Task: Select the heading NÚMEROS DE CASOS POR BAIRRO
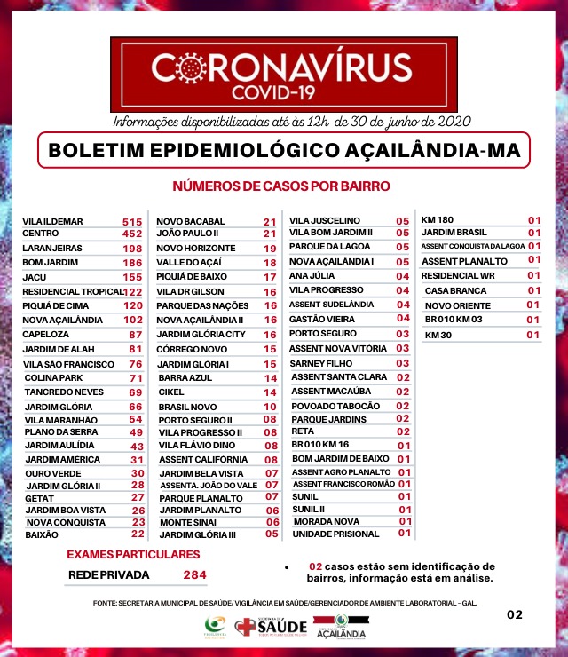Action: (x=281, y=186)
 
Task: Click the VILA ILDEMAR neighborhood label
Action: (x=52, y=221)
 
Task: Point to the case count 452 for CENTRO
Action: (x=132, y=234)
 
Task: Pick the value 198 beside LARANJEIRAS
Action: (x=132, y=249)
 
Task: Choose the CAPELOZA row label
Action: (x=45, y=335)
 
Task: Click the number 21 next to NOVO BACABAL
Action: (x=270, y=221)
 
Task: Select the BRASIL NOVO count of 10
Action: (x=270, y=406)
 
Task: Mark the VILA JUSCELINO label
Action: (x=324, y=220)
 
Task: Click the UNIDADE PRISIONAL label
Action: (x=330, y=534)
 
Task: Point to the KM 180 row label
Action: (x=437, y=219)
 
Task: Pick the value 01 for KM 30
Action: (x=534, y=335)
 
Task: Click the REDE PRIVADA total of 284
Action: (x=194, y=575)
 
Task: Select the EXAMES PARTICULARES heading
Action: (x=134, y=555)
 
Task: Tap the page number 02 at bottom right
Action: (x=515, y=614)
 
